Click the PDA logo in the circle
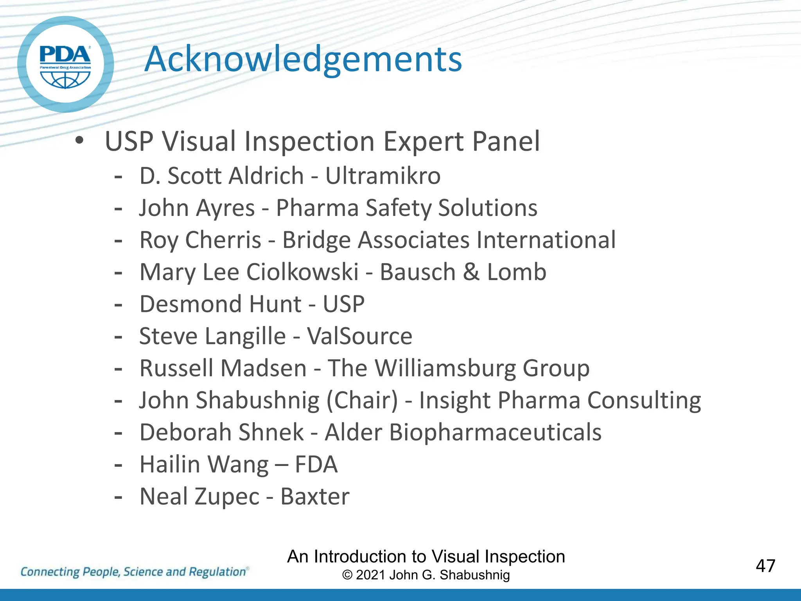[65, 65]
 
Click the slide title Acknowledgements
[303, 59]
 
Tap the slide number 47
[765, 566]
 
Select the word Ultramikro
[383, 176]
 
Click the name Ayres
[226, 208]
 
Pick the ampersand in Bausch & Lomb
[471, 272]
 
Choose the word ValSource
[359, 336]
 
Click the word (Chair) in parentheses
[362, 401]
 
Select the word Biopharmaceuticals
[495, 432]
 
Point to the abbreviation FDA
[316, 464]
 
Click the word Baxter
[315, 497]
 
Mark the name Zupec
[227, 497]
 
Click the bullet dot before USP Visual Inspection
[79, 141]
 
